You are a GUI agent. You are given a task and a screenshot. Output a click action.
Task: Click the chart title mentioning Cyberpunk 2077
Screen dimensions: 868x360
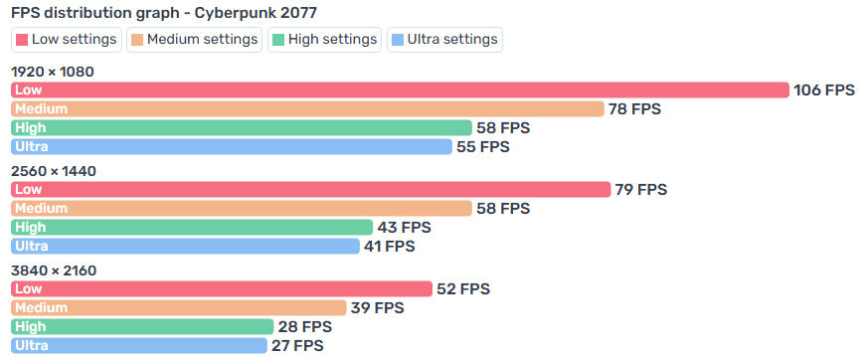164,12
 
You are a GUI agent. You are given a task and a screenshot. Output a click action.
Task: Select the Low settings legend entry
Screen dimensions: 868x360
67,40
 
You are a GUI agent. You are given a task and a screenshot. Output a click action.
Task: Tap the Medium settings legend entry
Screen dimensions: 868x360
194,40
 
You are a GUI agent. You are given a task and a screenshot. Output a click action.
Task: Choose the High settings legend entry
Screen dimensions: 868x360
324,40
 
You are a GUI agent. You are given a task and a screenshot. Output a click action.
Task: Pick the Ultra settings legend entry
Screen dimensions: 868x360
444,40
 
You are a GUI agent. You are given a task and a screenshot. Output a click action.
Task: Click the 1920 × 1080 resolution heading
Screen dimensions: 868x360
53,72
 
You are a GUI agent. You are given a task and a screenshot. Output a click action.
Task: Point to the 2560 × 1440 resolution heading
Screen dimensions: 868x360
54,172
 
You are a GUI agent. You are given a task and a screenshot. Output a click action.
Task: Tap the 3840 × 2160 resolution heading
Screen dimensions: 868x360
54,270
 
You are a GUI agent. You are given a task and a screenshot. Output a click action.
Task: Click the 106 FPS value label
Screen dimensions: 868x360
824,90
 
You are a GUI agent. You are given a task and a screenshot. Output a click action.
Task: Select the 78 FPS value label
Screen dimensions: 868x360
634,109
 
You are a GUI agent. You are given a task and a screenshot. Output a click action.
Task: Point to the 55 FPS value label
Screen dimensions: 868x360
482,147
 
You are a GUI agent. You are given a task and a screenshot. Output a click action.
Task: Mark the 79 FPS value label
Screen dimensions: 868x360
641,190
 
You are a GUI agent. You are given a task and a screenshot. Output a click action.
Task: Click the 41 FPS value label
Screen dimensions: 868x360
389,247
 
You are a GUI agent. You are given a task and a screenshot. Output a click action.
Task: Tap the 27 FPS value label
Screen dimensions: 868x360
297,346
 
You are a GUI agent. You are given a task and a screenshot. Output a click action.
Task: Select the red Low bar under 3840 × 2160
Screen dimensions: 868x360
222,289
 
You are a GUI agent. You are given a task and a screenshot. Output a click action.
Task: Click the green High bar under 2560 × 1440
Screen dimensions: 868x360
192,227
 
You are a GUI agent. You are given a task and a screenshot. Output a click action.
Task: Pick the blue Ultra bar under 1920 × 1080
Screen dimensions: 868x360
232,147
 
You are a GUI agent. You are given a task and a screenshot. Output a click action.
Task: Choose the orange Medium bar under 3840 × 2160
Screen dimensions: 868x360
179,308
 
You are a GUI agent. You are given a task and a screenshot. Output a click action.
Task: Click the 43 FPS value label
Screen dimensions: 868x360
404,228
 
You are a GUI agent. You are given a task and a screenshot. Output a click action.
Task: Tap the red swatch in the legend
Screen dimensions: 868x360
22,40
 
